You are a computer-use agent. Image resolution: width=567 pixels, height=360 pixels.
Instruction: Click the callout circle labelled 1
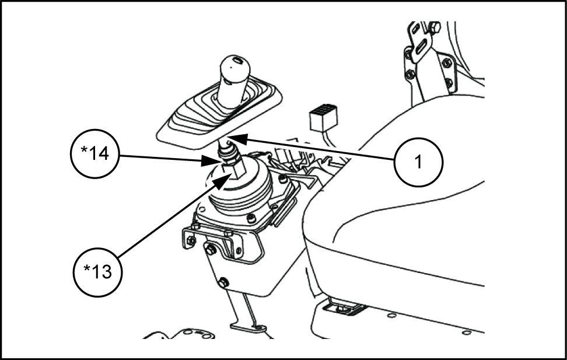(418, 162)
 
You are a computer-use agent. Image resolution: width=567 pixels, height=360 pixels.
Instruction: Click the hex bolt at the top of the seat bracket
(435, 27)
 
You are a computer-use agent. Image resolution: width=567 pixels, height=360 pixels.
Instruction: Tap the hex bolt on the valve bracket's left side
(208, 249)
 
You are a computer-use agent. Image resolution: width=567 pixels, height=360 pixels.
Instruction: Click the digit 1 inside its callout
(418, 162)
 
